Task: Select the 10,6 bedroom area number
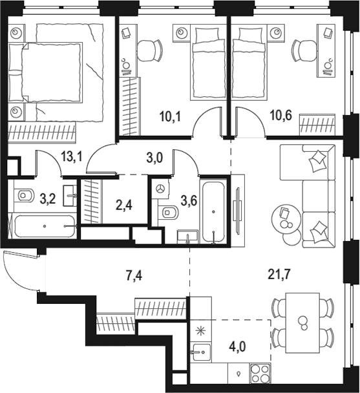coord(281,117)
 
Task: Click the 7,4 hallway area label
coord(134,276)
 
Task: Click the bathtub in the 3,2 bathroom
coord(44,227)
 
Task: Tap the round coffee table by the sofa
coord(285,218)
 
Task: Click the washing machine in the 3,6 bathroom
coord(160,187)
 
